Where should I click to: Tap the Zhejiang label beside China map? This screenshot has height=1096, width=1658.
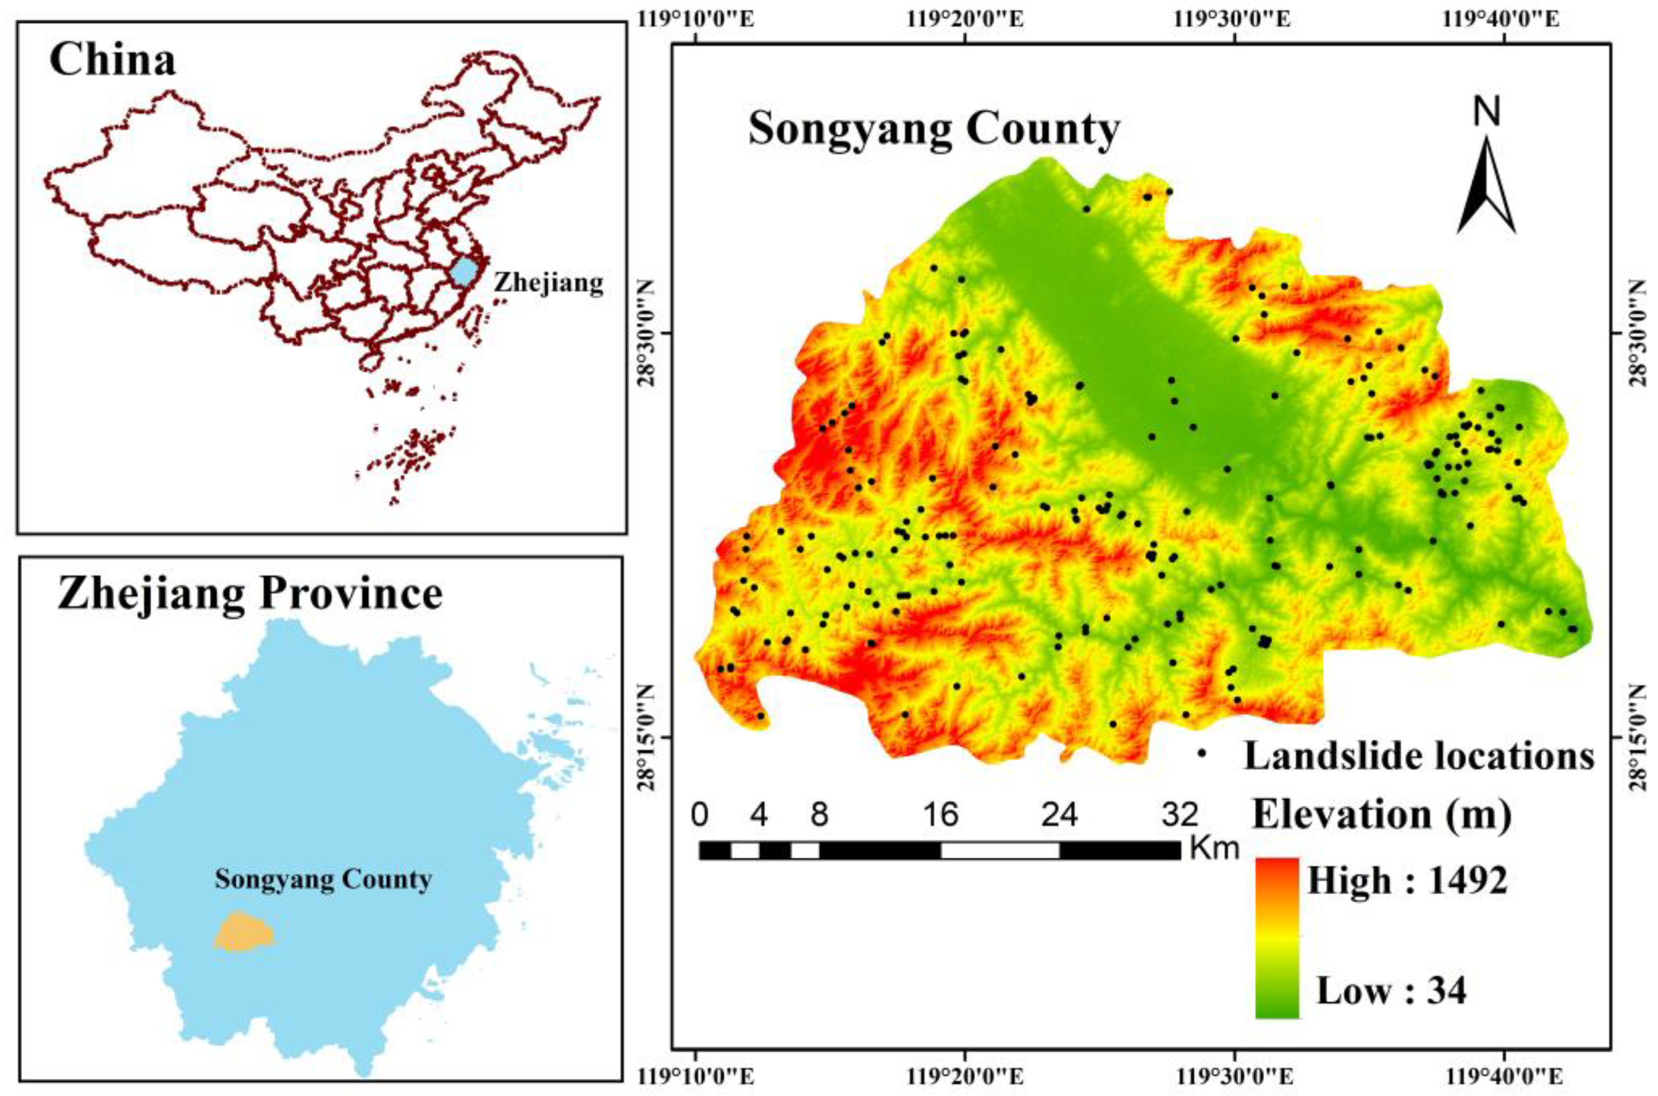548,283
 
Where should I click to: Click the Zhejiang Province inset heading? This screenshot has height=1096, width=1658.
250,595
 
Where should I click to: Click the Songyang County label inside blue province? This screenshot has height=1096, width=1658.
323,879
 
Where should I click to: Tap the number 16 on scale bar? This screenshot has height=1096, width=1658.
940,816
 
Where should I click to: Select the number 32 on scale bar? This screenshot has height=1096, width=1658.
1179,816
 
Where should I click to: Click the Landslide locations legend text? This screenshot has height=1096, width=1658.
1419,756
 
